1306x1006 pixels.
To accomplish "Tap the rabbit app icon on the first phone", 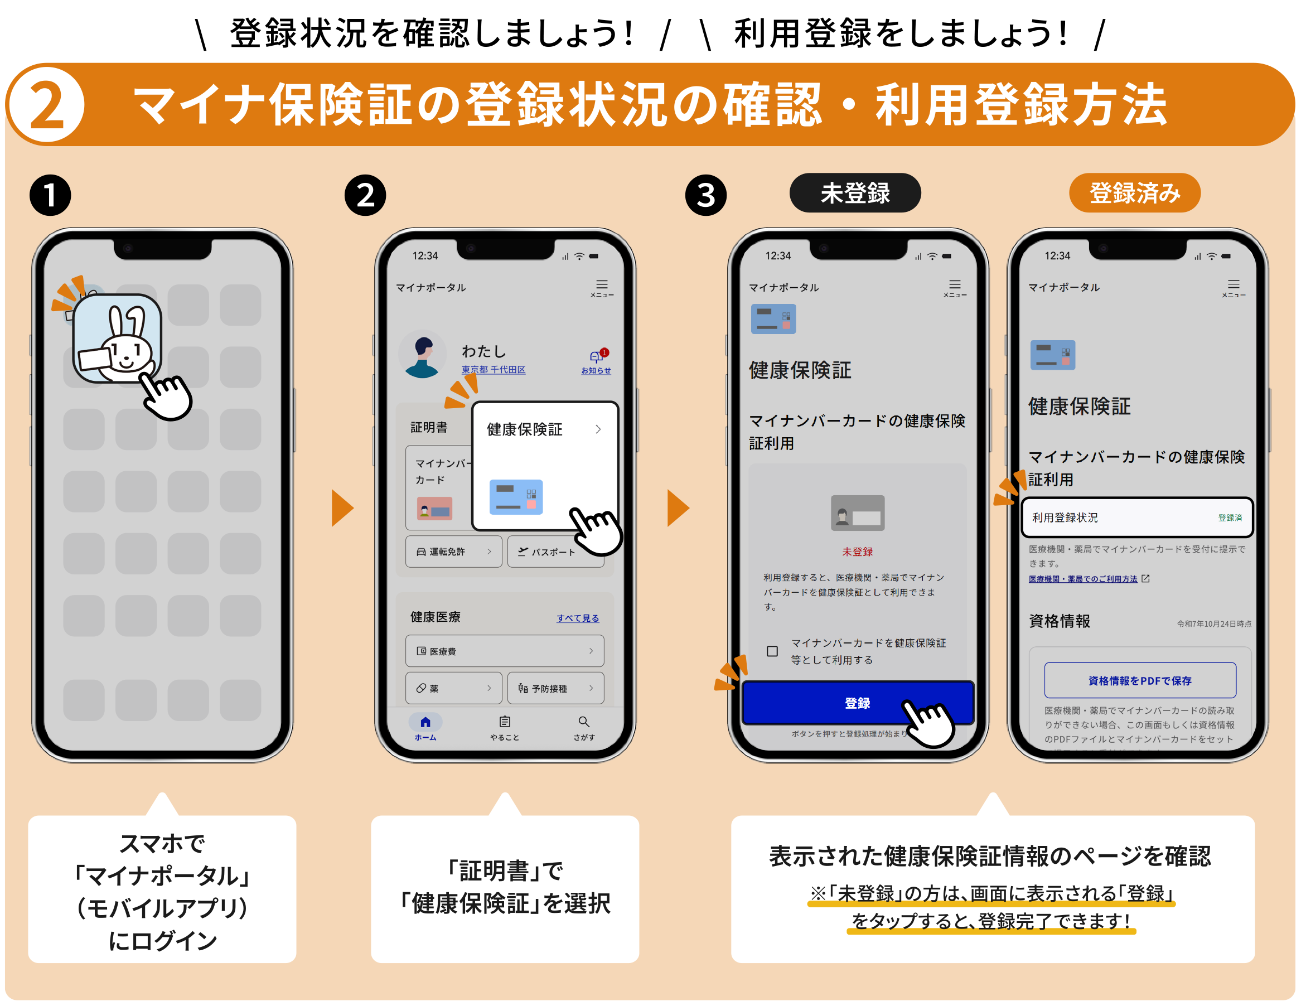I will click(117, 338).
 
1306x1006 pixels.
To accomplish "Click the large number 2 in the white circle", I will click(46, 105).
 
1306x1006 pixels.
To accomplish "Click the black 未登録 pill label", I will click(854, 193).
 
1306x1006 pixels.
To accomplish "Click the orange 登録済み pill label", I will click(1134, 193).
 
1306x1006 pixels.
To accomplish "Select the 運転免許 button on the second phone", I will click(453, 552).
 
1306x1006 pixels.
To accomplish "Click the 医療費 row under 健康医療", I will click(504, 651).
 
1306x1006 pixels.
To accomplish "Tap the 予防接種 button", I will click(555, 688).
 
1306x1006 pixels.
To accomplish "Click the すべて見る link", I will click(577, 618).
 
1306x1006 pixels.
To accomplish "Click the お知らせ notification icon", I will click(596, 359).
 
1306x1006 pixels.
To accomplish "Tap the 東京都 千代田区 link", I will click(493, 370).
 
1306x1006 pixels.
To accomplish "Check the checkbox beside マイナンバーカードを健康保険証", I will click(772, 651).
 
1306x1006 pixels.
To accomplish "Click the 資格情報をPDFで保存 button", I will click(1139, 680).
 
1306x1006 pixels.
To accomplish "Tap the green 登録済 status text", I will click(1230, 517).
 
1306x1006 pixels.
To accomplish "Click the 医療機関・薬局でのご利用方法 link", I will click(1082, 578).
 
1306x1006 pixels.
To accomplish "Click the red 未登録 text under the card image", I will click(857, 552).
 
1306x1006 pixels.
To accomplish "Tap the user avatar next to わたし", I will click(423, 354).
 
